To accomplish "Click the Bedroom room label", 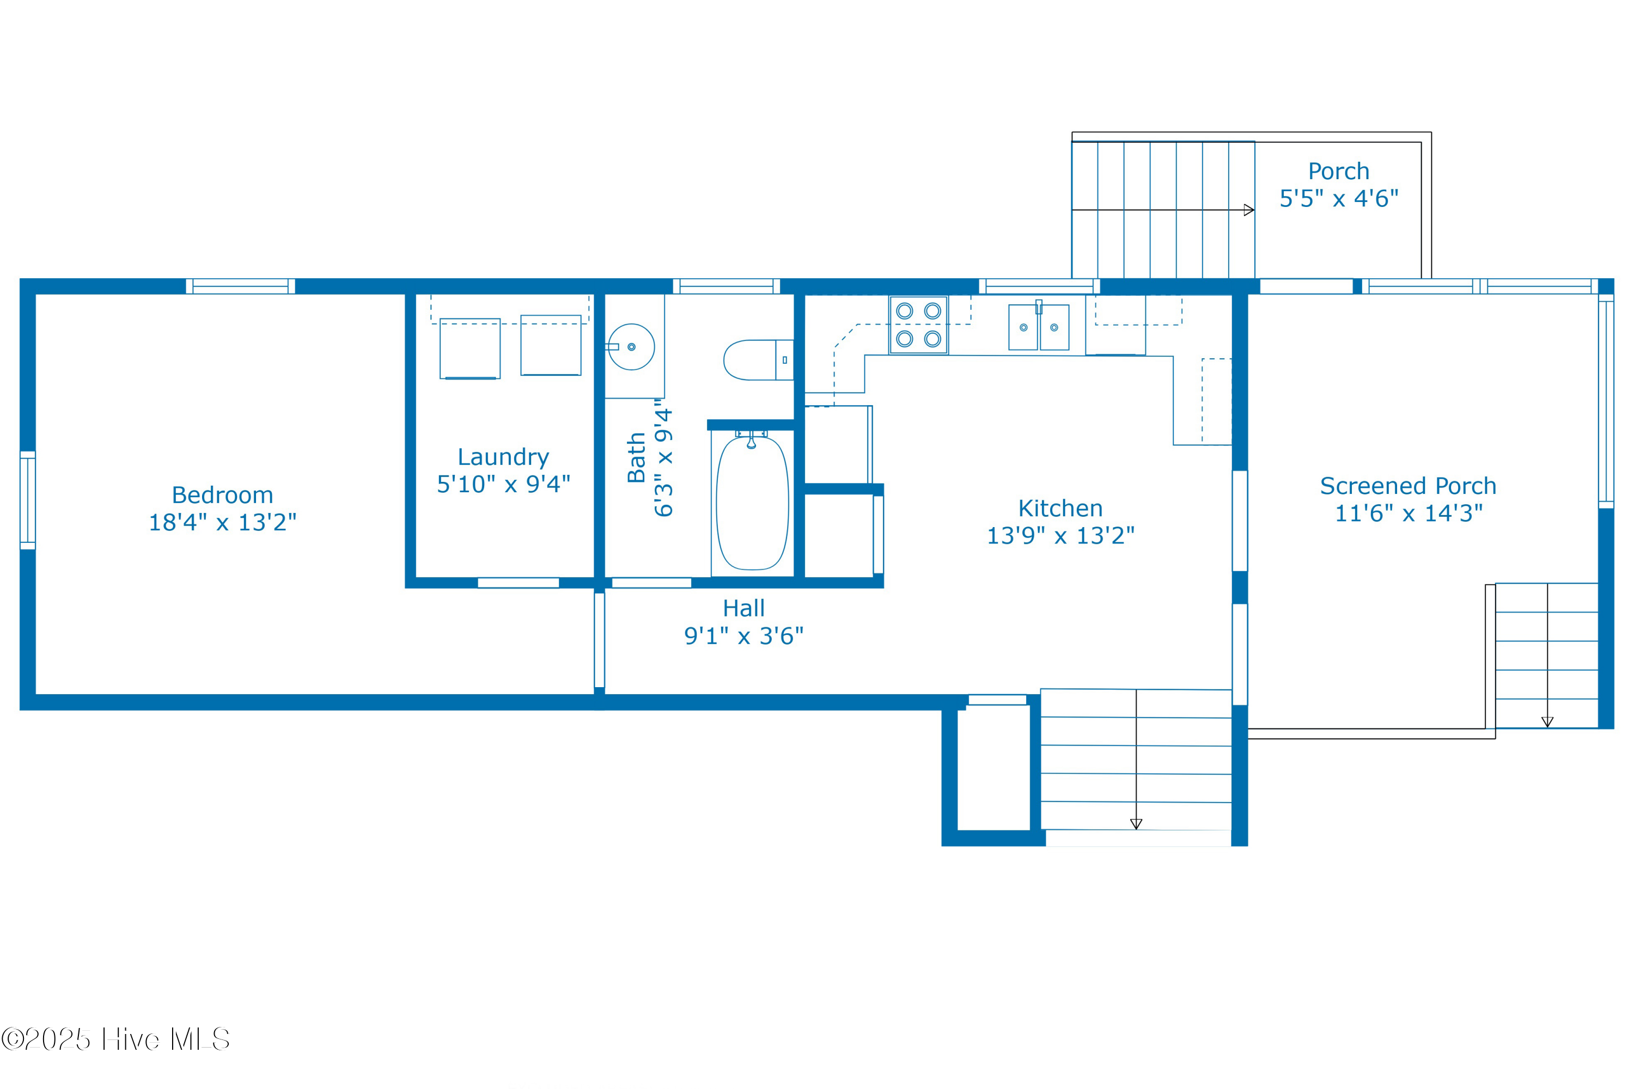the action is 222,495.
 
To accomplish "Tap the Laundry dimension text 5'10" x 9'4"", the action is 504,484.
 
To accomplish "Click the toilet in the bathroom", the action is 758,360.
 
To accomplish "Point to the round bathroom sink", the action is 631,346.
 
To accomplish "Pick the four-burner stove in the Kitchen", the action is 918,325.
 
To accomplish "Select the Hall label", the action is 743,608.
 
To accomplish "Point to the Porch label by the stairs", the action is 1339,171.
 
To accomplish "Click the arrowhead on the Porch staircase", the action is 1248,210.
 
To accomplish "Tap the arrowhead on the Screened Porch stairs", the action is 1547,723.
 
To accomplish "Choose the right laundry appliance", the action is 551,345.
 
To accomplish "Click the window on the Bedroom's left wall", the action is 28,500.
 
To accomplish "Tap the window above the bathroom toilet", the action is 727,286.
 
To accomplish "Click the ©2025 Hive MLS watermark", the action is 115,1039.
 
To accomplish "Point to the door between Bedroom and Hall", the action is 600,640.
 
